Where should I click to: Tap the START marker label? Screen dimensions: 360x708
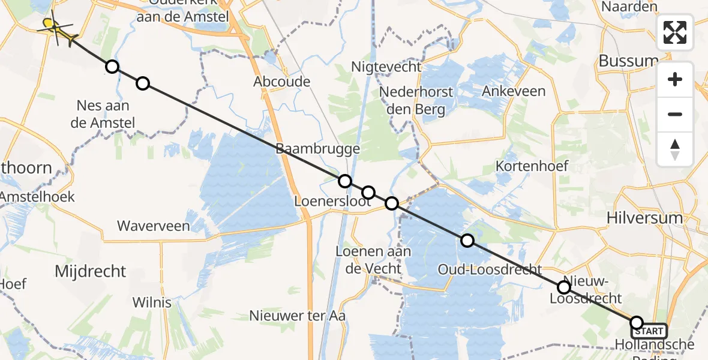coord(649,331)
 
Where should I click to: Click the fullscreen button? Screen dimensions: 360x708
coord(675,32)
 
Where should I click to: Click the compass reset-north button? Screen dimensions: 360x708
coord(675,149)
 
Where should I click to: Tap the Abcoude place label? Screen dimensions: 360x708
coord(282,82)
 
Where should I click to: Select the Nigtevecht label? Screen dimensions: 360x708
coord(386,67)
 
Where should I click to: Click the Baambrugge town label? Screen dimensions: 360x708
coord(318,149)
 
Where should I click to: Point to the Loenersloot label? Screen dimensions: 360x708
coord(332,201)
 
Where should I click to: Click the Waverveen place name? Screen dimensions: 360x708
coord(154,226)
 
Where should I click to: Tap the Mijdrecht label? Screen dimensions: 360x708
coord(91,271)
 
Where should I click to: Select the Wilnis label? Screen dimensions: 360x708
coord(152,302)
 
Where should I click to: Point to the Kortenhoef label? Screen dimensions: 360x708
coord(527,165)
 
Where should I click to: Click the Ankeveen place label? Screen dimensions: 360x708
coord(514,91)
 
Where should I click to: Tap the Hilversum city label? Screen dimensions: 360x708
coord(652,217)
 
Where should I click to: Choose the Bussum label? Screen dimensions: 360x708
coord(628,61)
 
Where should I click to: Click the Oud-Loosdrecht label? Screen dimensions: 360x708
coord(490,269)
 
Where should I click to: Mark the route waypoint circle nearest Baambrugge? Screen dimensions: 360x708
coord(344,181)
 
